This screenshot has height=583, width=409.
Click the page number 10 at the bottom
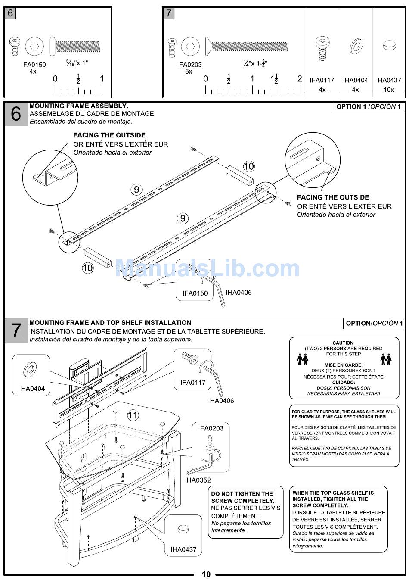(206, 574)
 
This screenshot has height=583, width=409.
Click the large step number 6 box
(16, 114)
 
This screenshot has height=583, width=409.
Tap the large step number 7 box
(16, 331)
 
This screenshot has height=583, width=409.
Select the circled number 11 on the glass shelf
(133, 415)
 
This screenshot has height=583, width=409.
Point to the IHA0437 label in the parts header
(388, 80)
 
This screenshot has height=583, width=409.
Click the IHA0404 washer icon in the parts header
(355, 45)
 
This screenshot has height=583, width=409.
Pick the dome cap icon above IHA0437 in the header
(388, 45)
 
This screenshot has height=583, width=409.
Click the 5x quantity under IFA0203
(189, 72)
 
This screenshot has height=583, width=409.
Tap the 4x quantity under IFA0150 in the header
(33, 72)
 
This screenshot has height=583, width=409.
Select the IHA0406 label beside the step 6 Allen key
(239, 292)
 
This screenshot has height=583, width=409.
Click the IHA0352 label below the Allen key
(198, 480)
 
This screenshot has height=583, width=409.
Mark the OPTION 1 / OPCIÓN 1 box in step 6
(369, 107)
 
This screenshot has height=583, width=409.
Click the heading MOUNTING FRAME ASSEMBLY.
(78, 106)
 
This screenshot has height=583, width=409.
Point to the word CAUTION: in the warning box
(343, 343)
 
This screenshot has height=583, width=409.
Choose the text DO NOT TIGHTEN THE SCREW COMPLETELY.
(242, 497)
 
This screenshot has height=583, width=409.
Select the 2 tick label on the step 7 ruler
(300, 79)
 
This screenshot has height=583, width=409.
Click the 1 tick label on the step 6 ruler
(102, 79)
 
